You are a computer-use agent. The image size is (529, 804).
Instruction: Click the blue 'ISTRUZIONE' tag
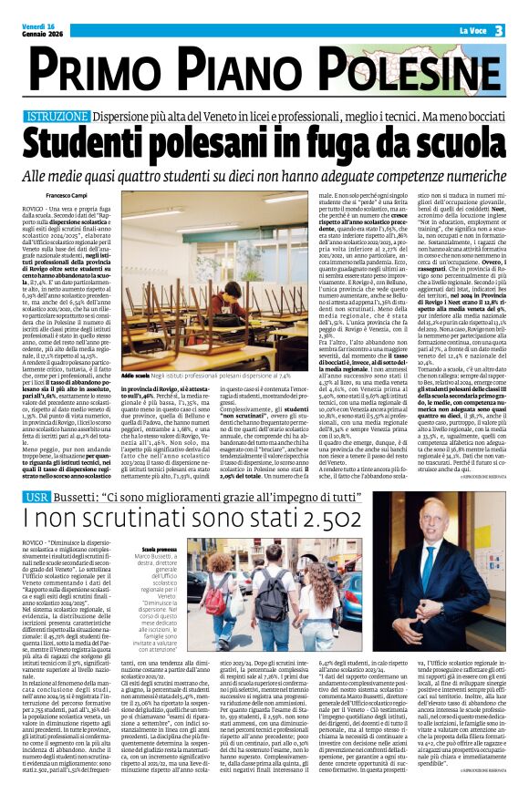(57, 118)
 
